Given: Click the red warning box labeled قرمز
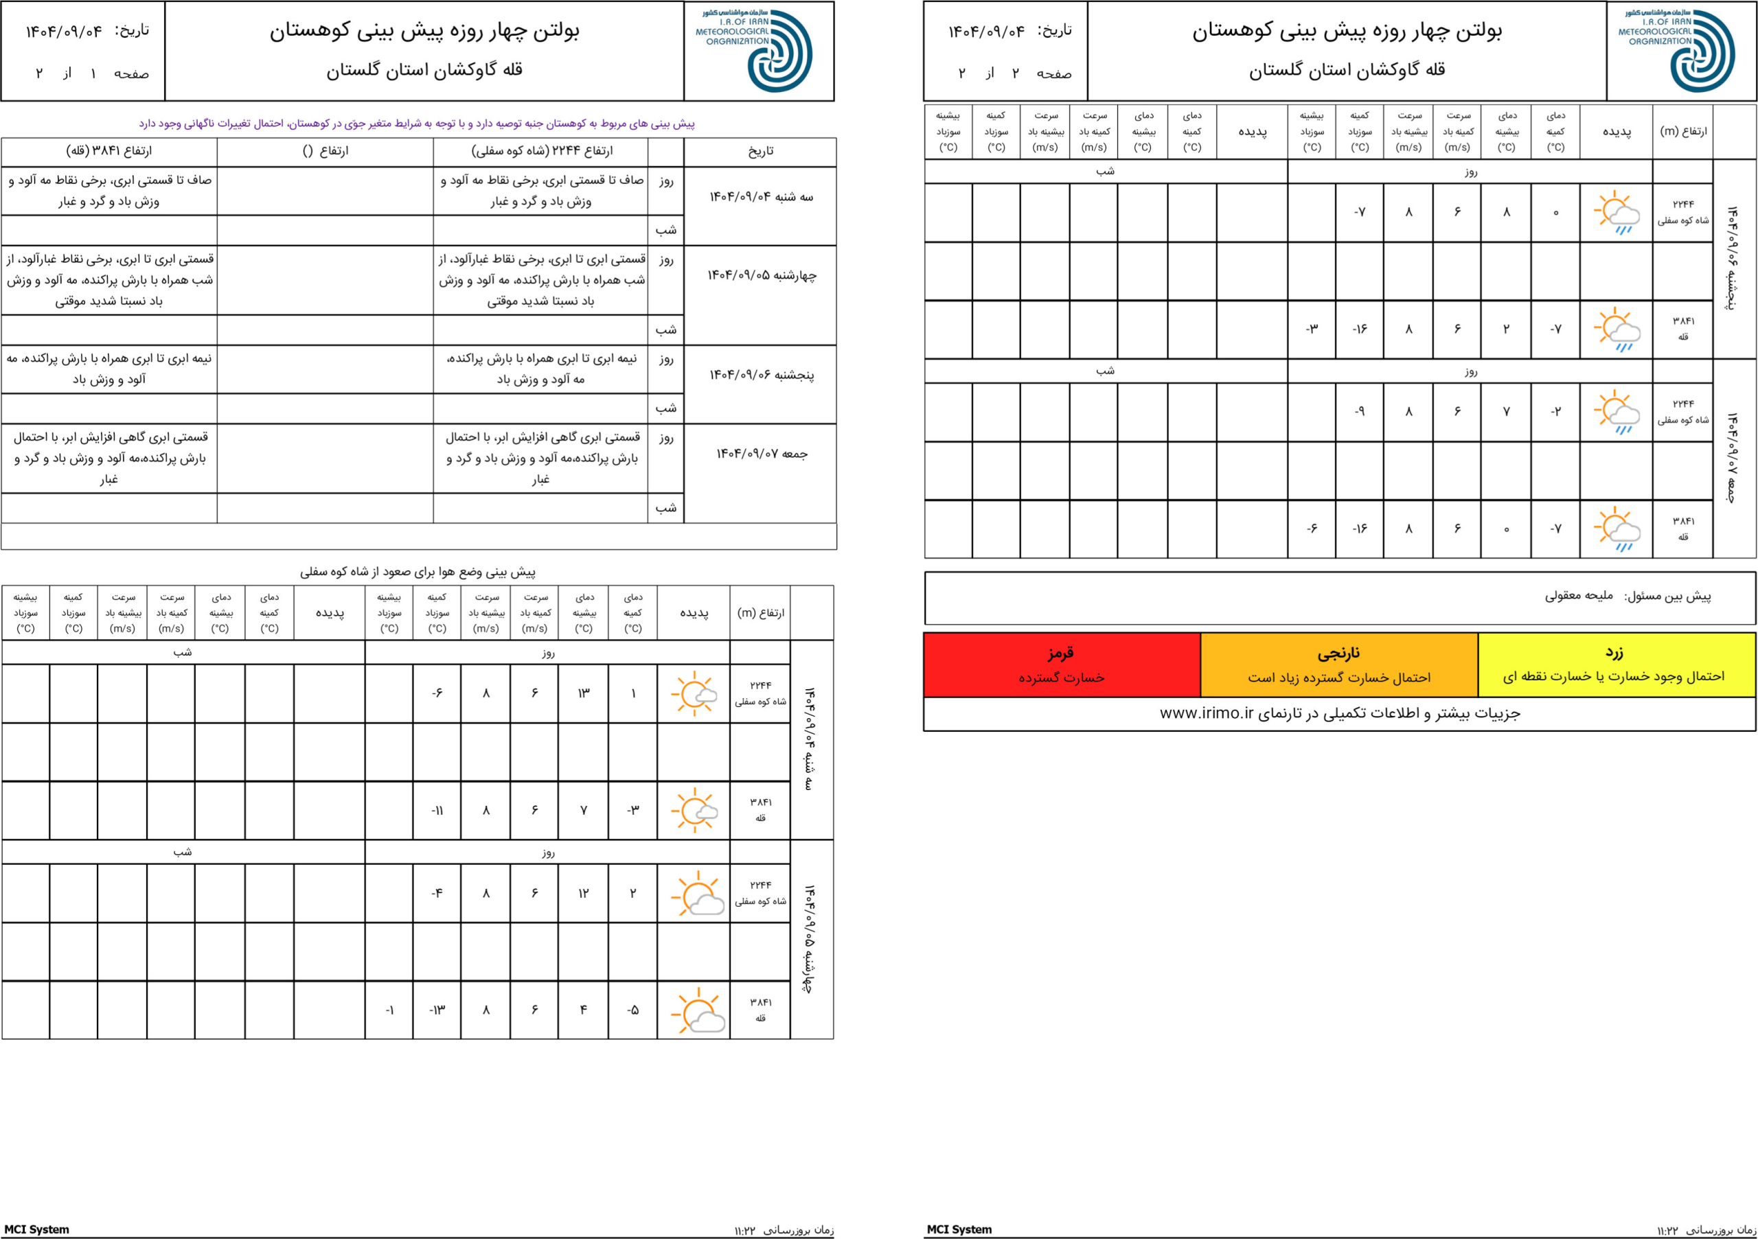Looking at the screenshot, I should click(1061, 664).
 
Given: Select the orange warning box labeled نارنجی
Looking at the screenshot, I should click(1338, 664).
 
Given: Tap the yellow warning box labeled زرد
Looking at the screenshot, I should click(1616, 664).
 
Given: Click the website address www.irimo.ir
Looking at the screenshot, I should click(1206, 713).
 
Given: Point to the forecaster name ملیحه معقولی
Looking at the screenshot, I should click(1578, 595).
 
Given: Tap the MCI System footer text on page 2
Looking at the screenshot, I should click(959, 1229).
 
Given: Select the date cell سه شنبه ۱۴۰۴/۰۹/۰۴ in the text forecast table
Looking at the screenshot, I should click(760, 197).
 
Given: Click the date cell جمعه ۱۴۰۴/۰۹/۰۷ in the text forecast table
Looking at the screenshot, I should click(760, 454).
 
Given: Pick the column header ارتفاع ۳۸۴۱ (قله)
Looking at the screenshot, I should click(109, 151).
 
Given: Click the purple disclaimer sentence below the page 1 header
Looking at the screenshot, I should click(418, 123).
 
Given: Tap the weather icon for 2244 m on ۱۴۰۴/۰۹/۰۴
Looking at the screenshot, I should click(694, 693).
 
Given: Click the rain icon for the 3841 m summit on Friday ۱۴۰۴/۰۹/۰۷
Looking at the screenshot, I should click(1616, 529).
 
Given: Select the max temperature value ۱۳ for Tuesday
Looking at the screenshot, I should click(584, 693).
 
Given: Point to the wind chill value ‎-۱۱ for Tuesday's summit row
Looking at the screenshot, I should click(437, 811).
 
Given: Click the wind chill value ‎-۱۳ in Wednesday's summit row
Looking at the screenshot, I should click(437, 1010).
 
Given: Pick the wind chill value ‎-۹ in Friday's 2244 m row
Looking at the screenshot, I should click(1359, 412).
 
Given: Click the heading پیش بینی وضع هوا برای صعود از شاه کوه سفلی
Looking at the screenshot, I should click(418, 572).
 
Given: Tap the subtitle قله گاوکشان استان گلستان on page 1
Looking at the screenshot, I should click(424, 71).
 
